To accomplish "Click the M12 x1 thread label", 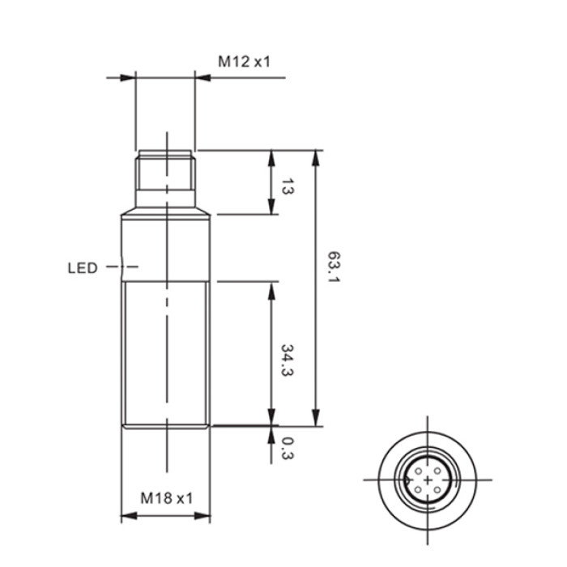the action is click(x=244, y=62).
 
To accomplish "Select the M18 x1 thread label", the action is click(x=167, y=498).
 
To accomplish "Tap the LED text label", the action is click(x=83, y=268).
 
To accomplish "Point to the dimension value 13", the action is click(x=287, y=186).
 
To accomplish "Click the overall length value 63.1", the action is click(x=334, y=267).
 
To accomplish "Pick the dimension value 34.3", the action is click(x=287, y=360).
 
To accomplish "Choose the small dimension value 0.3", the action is click(x=287, y=449).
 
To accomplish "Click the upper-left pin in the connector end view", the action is click(x=419, y=471).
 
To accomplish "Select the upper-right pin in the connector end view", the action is click(x=437, y=471).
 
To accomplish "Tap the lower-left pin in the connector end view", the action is click(x=419, y=490).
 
